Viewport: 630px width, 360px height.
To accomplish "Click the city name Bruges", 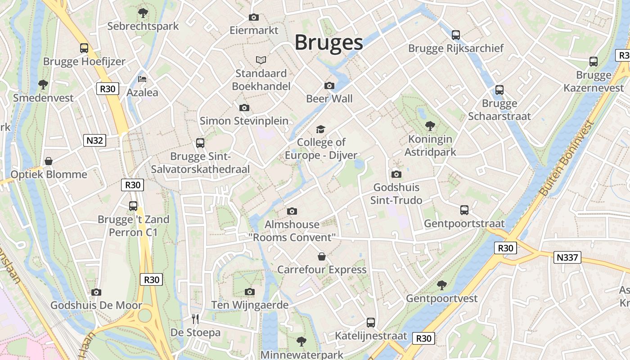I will click(x=328, y=42).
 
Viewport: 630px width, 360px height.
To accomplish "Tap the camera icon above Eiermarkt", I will click(x=254, y=18).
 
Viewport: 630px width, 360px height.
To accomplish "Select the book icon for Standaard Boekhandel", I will click(x=261, y=60).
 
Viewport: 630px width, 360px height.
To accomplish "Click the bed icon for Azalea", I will click(x=142, y=79).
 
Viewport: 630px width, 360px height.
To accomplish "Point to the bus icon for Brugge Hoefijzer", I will click(x=84, y=48).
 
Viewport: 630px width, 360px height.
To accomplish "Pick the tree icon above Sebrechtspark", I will click(x=143, y=13).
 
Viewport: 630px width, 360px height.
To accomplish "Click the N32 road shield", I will click(x=94, y=140).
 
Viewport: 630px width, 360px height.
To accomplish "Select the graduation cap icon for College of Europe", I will click(x=320, y=130).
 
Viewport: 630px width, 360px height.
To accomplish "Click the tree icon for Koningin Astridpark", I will click(x=430, y=126).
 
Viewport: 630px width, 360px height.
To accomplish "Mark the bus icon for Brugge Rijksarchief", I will click(x=456, y=35).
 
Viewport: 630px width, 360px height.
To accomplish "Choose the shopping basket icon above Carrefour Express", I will click(x=322, y=256).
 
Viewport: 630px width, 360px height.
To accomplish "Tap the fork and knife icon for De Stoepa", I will click(x=195, y=319).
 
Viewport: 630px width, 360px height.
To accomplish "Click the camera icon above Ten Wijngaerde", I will click(x=250, y=292).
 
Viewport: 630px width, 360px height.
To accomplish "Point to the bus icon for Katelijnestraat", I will click(x=371, y=322).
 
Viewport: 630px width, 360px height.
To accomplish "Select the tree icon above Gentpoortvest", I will click(x=442, y=285).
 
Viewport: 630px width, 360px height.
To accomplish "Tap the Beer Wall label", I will click(x=329, y=99).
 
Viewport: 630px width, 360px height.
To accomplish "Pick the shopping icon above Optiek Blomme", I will click(x=49, y=161).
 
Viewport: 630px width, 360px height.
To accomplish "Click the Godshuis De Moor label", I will click(x=96, y=305).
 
